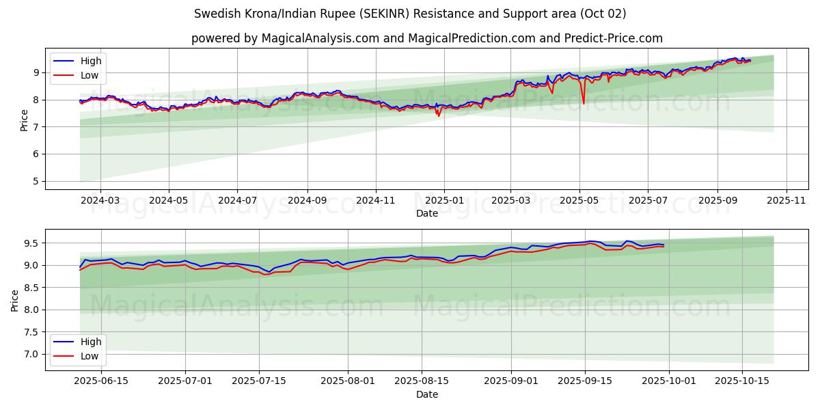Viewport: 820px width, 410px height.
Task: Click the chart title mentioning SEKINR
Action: (x=410, y=14)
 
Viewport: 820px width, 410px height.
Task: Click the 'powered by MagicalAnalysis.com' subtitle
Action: (x=427, y=38)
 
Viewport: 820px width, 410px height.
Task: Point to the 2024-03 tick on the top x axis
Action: (x=100, y=201)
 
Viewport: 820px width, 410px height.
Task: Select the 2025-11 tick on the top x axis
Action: (x=787, y=201)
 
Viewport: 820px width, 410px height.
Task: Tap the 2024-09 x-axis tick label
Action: (x=307, y=201)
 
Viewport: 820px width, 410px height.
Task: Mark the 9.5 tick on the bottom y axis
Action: (x=31, y=243)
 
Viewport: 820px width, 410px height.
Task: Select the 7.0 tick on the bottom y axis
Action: (x=31, y=354)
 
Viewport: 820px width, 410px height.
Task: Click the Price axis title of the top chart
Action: (x=25, y=120)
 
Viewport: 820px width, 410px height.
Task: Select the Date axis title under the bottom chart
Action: (x=427, y=394)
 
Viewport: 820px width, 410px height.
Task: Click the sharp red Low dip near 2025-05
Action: (x=584, y=103)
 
